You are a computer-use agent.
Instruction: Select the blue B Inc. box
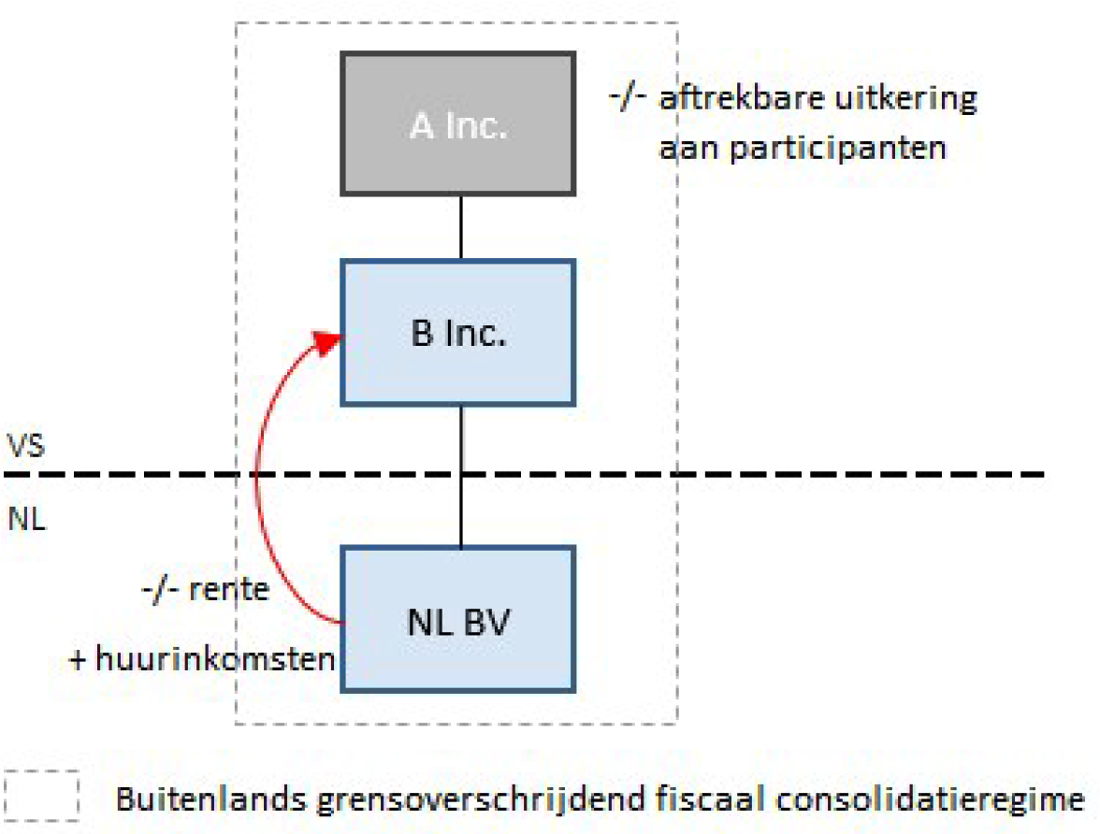coord(457,333)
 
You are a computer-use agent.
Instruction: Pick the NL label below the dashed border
coord(26,518)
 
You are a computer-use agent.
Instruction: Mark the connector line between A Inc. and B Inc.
coord(460,227)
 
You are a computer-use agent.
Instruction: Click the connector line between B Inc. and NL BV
coord(460,477)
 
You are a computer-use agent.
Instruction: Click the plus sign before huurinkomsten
coord(80,660)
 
